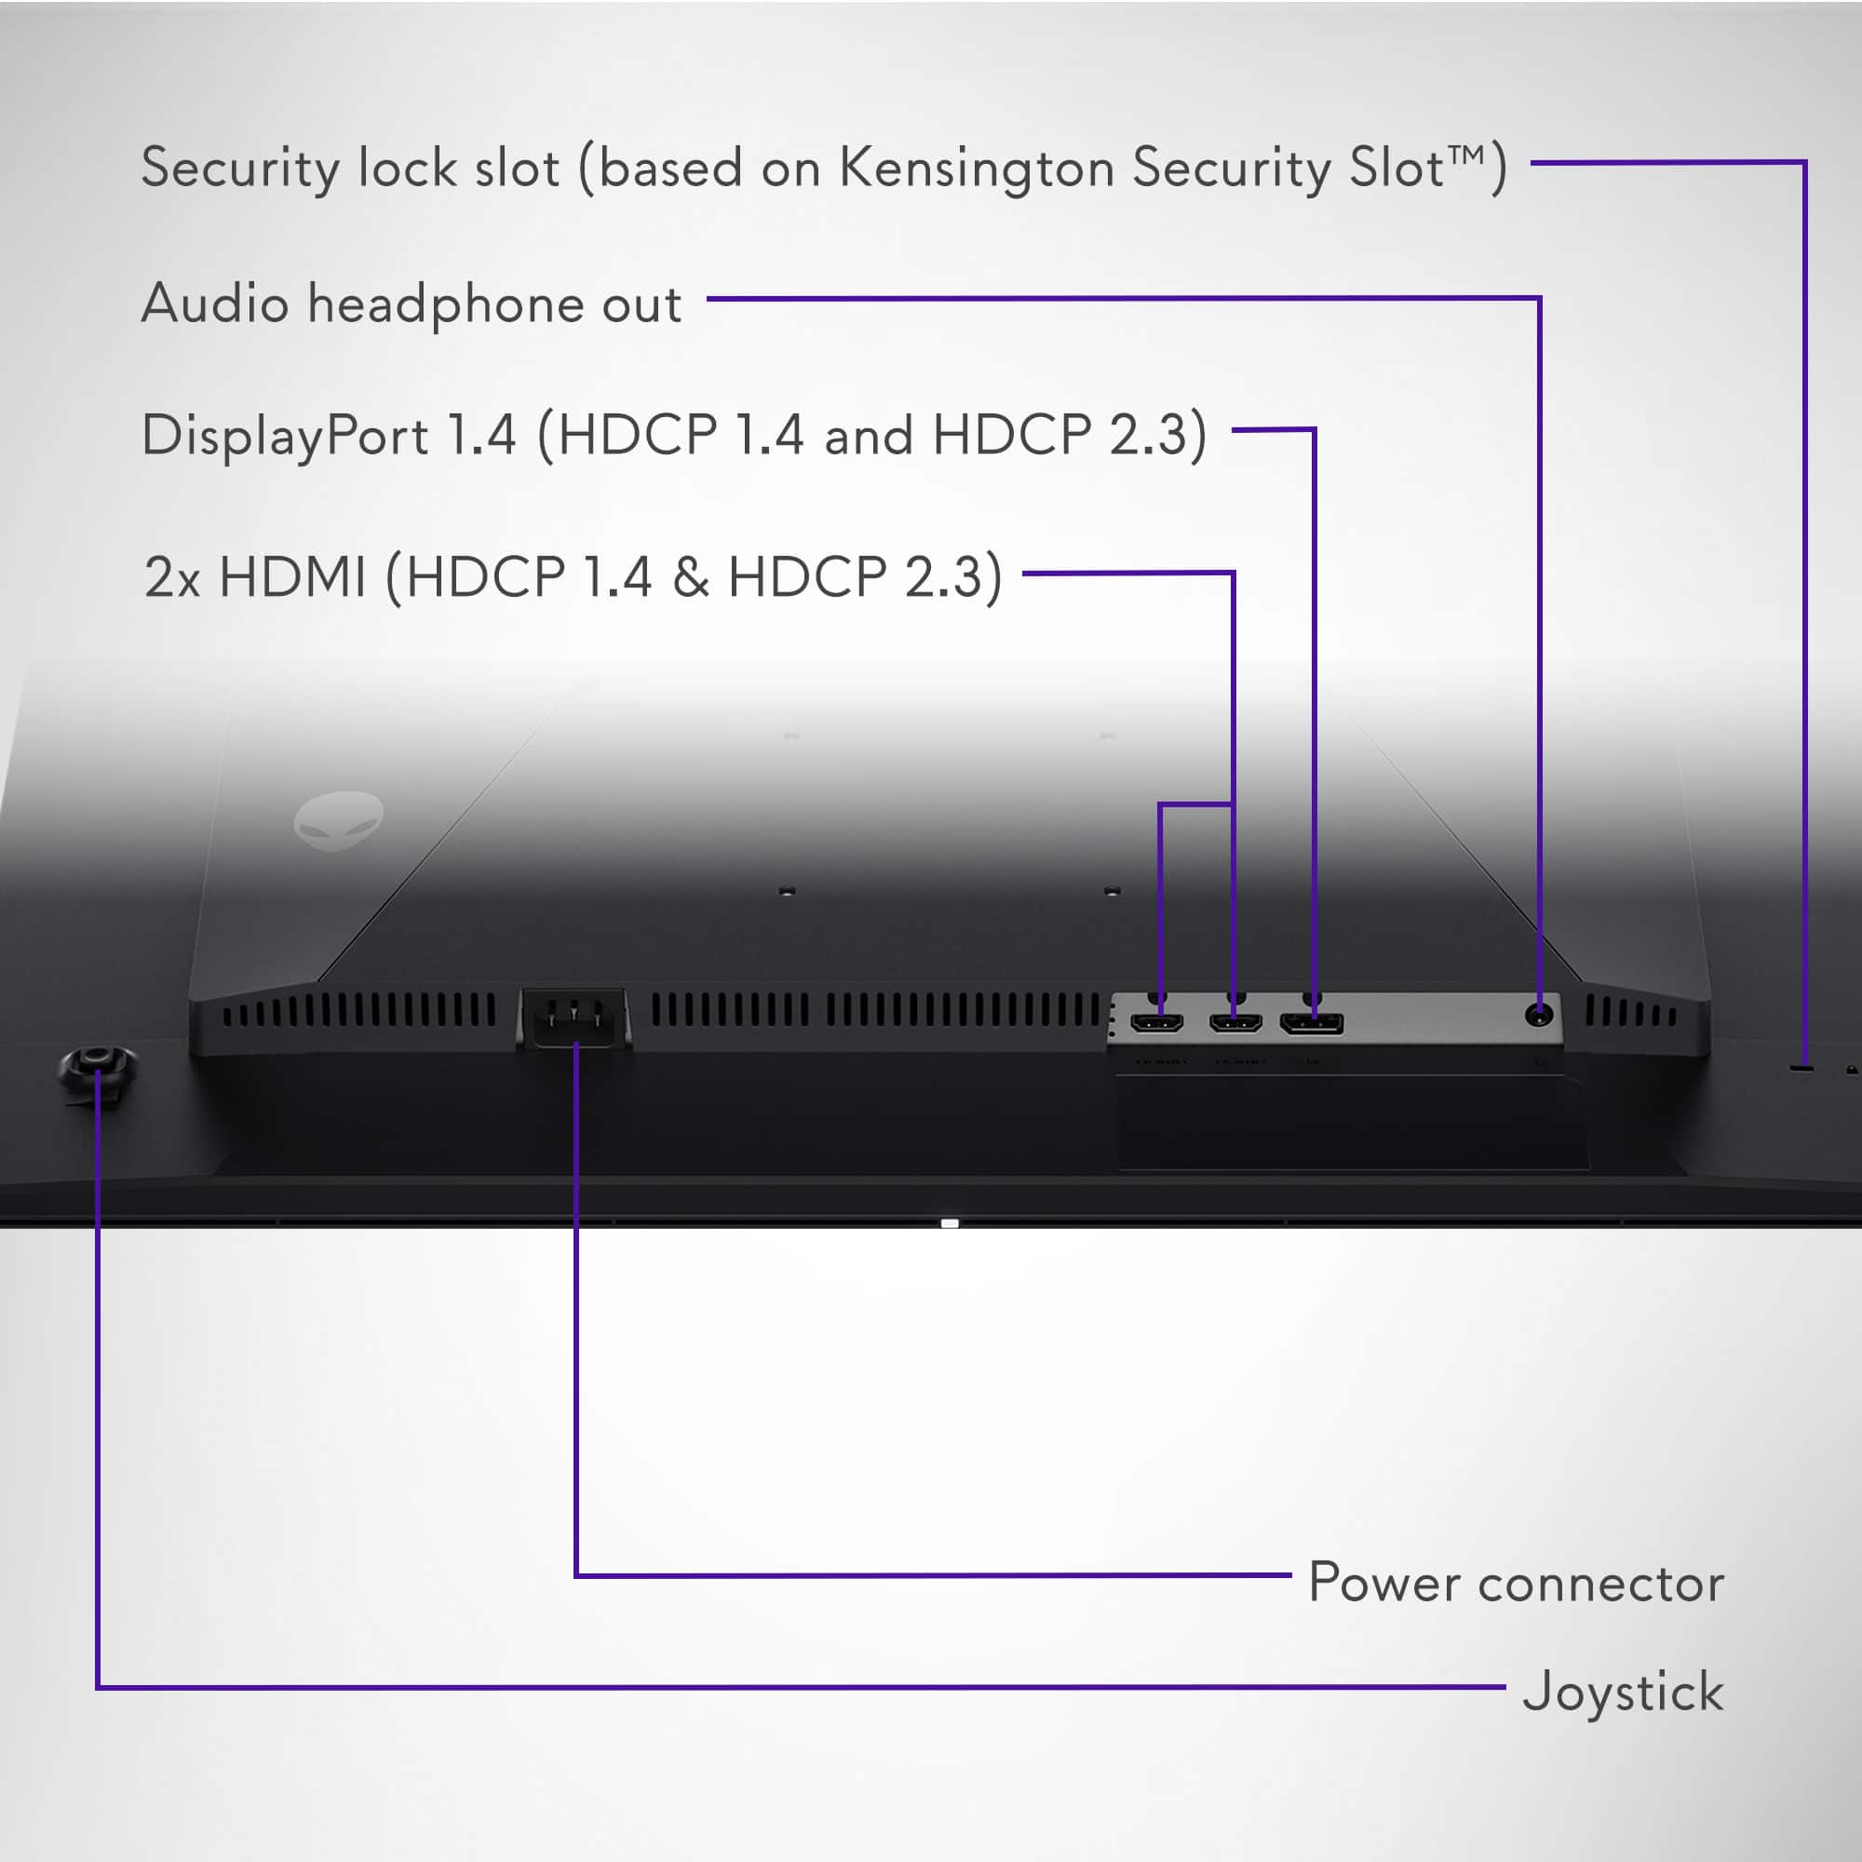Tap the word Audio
[x=215, y=304]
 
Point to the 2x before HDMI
[x=171, y=578]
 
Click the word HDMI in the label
[x=293, y=577]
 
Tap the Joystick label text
[x=1623, y=1693]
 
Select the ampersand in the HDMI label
[x=690, y=577]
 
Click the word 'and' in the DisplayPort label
[x=869, y=437]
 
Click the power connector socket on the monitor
[x=574, y=1019]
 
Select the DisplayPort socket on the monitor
[x=1311, y=1022]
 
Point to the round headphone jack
[x=1539, y=1015]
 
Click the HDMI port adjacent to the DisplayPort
[x=1235, y=1021]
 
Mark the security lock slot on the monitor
[x=1801, y=1068]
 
